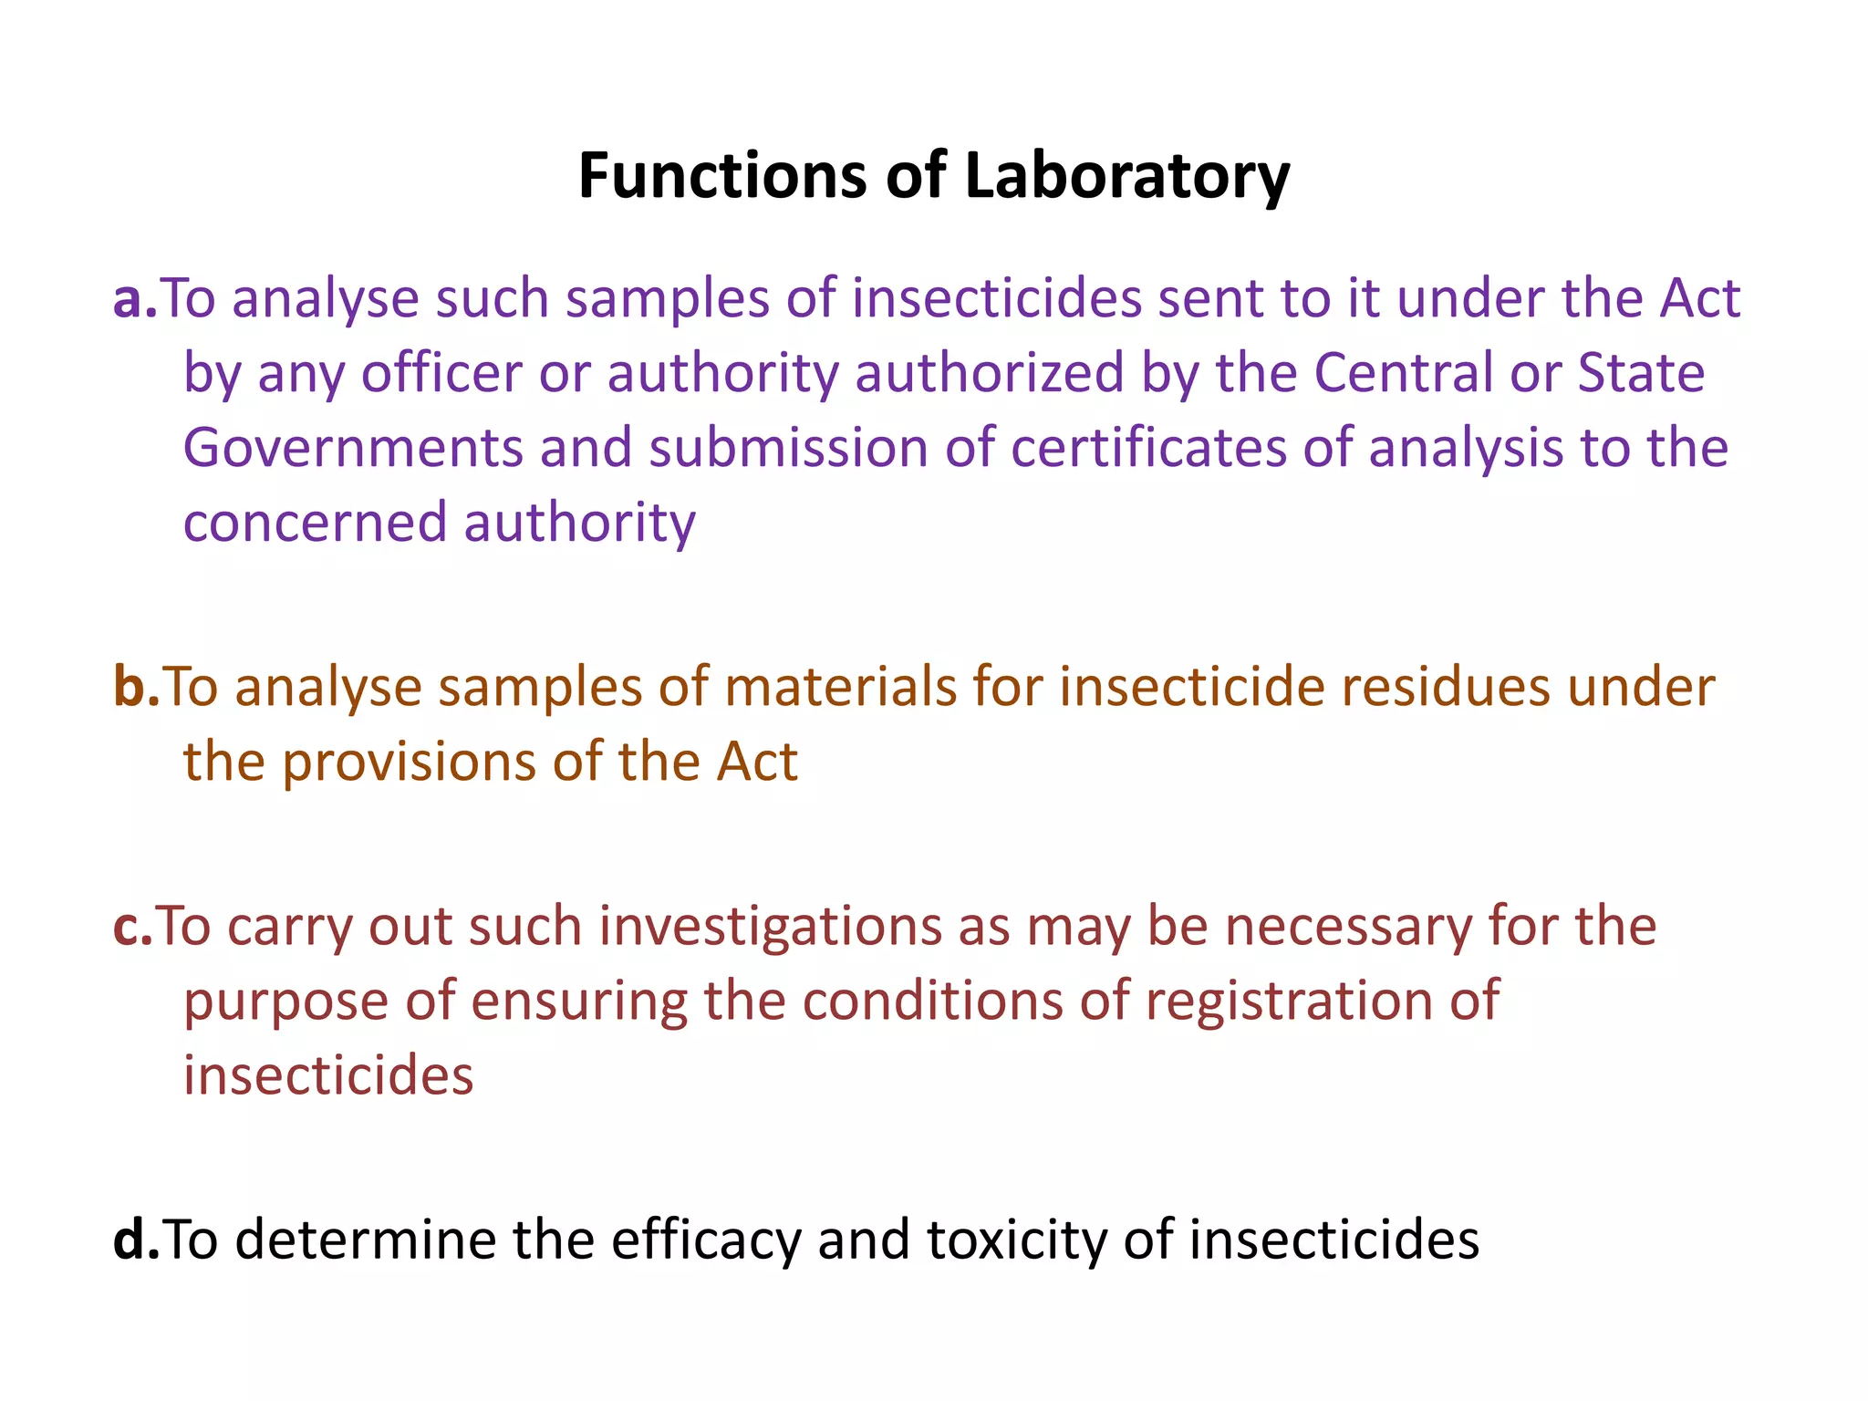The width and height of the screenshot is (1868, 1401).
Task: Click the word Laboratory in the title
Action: tap(1126, 175)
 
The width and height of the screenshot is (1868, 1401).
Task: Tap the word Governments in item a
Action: tap(353, 448)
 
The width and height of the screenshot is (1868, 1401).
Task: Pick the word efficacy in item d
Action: tap(706, 1240)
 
